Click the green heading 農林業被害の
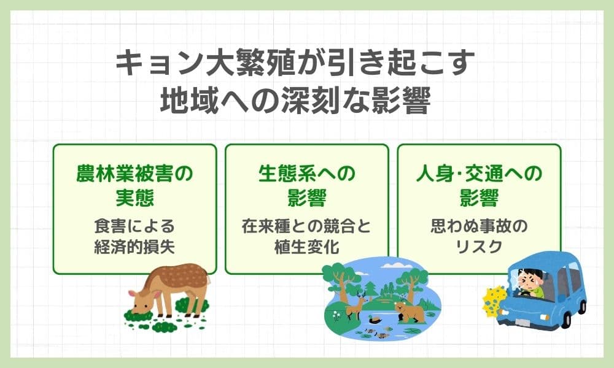click(x=134, y=174)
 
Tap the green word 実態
click(x=134, y=197)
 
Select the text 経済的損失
click(x=134, y=247)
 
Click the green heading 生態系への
click(x=306, y=174)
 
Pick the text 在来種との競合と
click(x=306, y=226)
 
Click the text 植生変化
click(x=306, y=247)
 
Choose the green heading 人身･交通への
click(x=479, y=174)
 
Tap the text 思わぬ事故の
click(x=479, y=226)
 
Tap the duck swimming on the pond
click(x=375, y=320)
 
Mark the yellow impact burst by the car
click(x=494, y=301)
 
